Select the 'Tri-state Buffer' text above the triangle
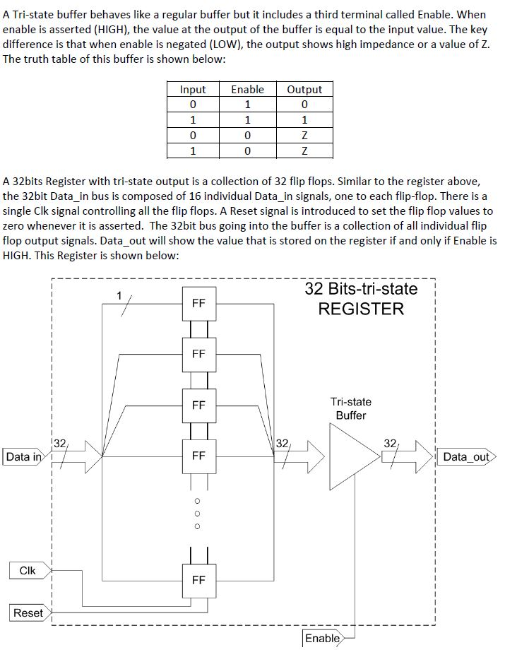(x=351, y=408)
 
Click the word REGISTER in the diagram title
(x=361, y=309)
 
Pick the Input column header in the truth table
(x=193, y=90)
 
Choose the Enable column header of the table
(x=247, y=90)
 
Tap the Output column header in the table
(x=304, y=90)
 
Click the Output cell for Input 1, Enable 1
(x=304, y=119)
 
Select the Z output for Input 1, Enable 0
(x=304, y=150)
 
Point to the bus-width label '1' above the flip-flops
(x=119, y=294)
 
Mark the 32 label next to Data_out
(x=390, y=443)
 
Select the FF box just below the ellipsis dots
(x=198, y=579)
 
